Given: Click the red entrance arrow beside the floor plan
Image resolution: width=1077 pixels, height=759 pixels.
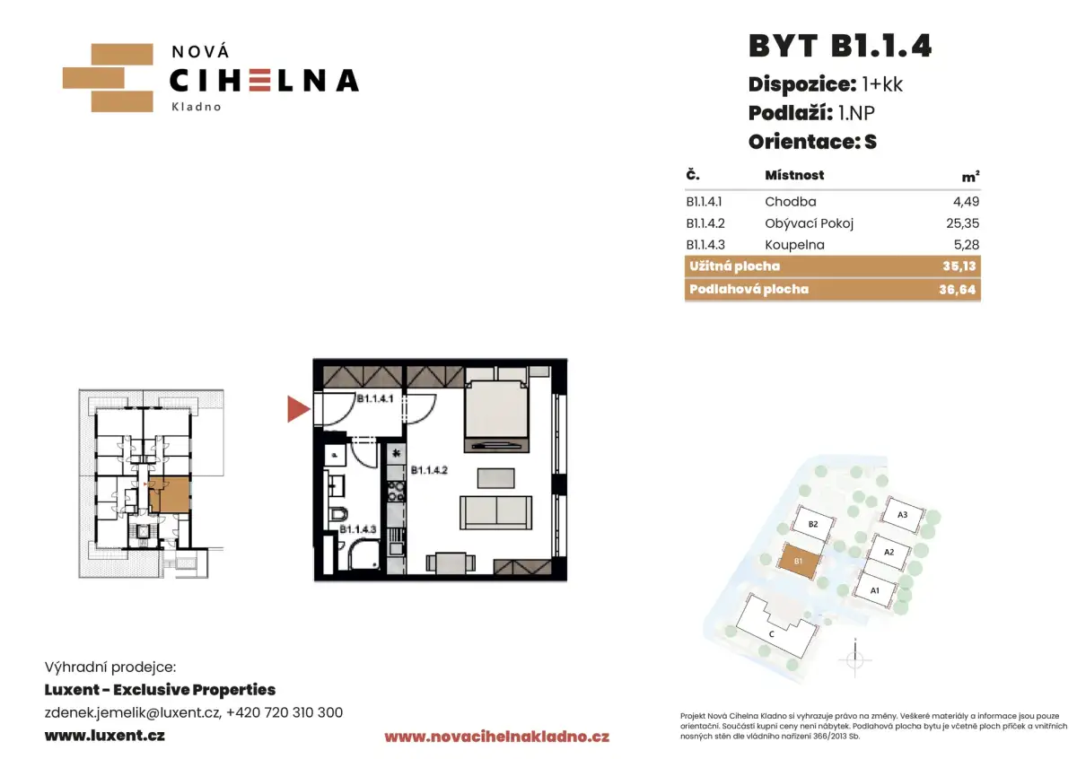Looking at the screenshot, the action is pyautogui.click(x=297, y=409).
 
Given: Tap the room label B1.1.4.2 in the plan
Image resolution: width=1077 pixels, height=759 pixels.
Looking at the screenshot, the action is pyautogui.click(x=429, y=470).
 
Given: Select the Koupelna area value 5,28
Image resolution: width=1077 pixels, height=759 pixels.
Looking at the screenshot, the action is pyautogui.click(x=967, y=245).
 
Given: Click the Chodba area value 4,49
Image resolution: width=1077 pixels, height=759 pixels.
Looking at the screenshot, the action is pyautogui.click(x=966, y=201).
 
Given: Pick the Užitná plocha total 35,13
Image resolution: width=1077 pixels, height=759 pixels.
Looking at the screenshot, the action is pyautogui.click(x=959, y=266).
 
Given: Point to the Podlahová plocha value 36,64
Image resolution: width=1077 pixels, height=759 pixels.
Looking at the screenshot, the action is pyautogui.click(x=958, y=290).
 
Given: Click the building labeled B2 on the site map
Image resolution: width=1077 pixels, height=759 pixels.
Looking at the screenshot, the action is pyautogui.click(x=813, y=524).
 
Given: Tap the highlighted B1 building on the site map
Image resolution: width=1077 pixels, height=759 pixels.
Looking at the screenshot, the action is pyautogui.click(x=798, y=561).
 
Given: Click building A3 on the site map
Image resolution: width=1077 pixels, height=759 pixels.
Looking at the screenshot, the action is pyautogui.click(x=903, y=515).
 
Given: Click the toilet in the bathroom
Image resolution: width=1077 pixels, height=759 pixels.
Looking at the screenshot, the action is pyautogui.click(x=339, y=515).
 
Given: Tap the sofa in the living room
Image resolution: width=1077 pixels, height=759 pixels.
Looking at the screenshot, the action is pyautogui.click(x=495, y=513).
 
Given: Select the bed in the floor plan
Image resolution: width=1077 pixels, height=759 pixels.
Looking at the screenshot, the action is pyautogui.click(x=496, y=415).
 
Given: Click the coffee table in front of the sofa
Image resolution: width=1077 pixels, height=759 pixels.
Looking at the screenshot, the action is pyautogui.click(x=495, y=478).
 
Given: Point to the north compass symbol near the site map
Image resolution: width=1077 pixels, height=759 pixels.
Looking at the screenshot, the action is pyautogui.click(x=854, y=659).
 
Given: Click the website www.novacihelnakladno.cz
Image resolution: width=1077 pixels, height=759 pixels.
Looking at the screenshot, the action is pyautogui.click(x=496, y=737).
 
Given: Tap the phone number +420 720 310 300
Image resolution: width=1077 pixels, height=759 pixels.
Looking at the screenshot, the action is pyautogui.click(x=285, y=712).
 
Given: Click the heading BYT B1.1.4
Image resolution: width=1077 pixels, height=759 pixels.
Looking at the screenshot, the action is pyautogui.click(x=840, y=46).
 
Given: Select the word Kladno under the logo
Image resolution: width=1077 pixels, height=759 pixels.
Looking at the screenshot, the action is pyautogui.click(x=197, y=107).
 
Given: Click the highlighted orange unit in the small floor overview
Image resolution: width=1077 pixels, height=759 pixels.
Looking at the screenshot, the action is pyautogui.click(x=170, y=494).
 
